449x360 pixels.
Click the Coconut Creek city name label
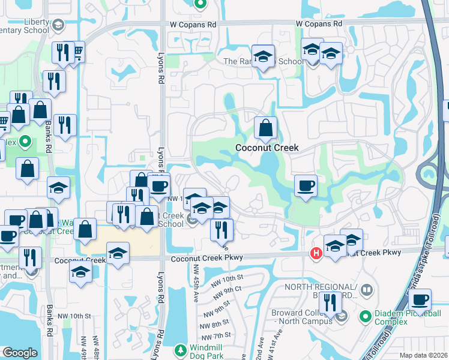267,148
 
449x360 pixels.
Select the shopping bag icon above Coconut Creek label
265,127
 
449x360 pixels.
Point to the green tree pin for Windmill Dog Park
179,350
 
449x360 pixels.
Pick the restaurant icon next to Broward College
330,303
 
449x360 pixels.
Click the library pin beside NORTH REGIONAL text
366,291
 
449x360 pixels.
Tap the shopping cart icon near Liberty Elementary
77,53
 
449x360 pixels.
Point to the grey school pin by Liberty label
58,25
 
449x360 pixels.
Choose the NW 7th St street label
221,335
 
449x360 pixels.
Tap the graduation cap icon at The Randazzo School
263,56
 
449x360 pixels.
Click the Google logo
20,353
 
